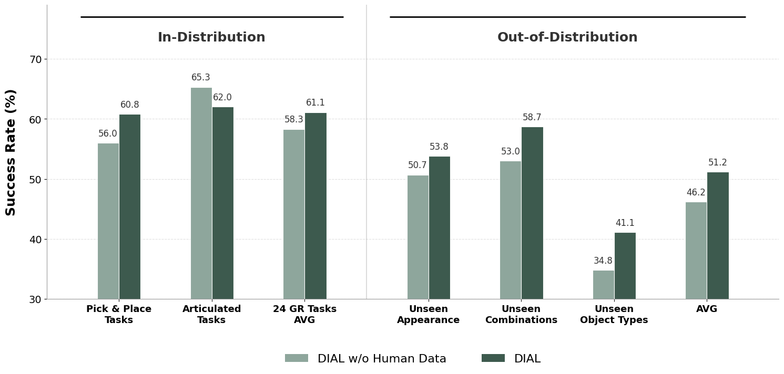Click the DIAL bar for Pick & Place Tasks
[130, 207]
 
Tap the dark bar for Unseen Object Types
[625, 266]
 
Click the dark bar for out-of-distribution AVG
[718, 236]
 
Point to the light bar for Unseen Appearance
[418, 237]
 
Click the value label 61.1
[315, 103]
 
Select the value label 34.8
[603, 261]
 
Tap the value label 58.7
[532, 118]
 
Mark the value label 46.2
[696, 193]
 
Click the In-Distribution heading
[211, 38]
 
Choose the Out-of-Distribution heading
[567, 38]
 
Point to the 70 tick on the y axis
[35, 59]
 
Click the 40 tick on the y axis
[35, 240]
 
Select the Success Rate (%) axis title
[11, 152]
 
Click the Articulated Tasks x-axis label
[211, 315]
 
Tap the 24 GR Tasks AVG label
[304, 315]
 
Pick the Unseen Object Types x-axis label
[614, 315]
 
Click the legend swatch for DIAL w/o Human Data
[297, 358]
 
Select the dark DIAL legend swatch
[493, 358]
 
